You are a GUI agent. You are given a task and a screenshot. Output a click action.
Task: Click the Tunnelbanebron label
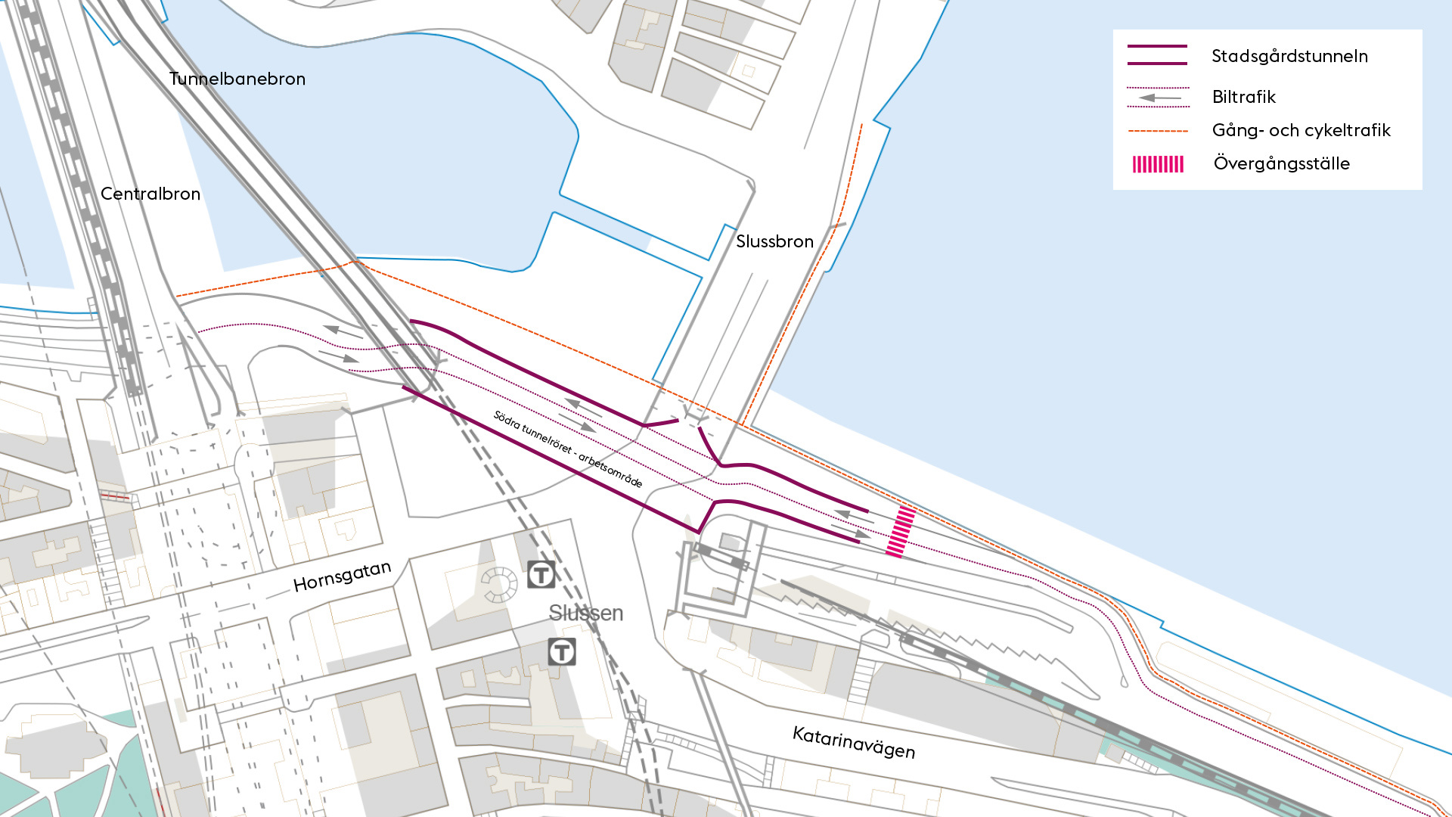[237, 79]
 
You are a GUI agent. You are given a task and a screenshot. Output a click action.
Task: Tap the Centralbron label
[150, 194]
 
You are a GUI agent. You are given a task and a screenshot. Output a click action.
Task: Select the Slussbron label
[774, 241]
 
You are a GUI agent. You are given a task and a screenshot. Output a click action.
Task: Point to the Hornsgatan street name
[342, 576]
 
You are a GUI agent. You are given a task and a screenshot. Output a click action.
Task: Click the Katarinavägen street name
[854, 742]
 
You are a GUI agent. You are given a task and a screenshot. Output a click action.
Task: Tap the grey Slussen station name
[586, 613]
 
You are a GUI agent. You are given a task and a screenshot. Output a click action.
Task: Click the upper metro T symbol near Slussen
[541, 575]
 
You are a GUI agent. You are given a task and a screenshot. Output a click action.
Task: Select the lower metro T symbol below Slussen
[562, 651]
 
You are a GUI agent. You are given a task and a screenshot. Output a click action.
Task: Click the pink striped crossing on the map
[901, 532]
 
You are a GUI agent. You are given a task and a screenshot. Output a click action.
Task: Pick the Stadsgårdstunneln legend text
[1289, 56]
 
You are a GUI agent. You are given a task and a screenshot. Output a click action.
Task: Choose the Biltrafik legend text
[1243, 97]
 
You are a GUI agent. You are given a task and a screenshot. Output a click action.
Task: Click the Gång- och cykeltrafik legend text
[1301, 130]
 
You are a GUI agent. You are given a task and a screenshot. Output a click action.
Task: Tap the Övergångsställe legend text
[1281, 163]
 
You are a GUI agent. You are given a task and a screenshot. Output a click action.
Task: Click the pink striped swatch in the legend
[1158, 164]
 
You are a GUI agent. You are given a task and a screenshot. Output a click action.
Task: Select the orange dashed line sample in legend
[1158, 131]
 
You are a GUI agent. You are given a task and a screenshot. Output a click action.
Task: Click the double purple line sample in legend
[1157, 55]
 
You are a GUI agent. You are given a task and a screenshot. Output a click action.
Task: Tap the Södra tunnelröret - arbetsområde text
[567, 449]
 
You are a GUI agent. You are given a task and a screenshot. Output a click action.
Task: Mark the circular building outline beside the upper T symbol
[498, 584]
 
